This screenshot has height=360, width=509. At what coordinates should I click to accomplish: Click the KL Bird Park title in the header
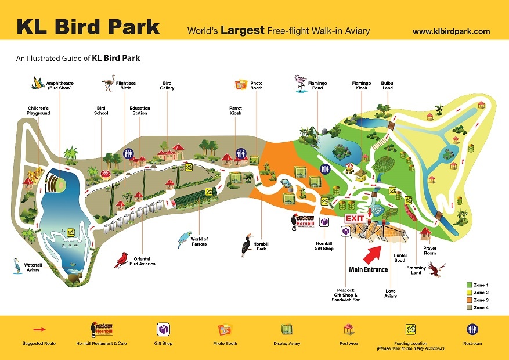[88, 27]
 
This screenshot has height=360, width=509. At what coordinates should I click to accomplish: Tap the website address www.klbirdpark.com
[451, 31]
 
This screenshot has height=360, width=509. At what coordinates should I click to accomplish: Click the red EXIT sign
[355, 218]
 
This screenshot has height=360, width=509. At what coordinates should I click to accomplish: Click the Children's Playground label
[39, 110]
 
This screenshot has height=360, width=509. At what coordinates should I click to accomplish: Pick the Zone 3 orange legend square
[469, 300]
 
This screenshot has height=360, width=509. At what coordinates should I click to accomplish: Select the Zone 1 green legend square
[469, 285]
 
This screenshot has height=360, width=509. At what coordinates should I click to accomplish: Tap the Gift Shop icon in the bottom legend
[163, 330]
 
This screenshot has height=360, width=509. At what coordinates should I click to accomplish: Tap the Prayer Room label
[429, 251]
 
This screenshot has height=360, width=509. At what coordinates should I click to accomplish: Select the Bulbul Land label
[387, 85]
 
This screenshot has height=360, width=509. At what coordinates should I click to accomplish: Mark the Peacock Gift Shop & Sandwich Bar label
[346, 295]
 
